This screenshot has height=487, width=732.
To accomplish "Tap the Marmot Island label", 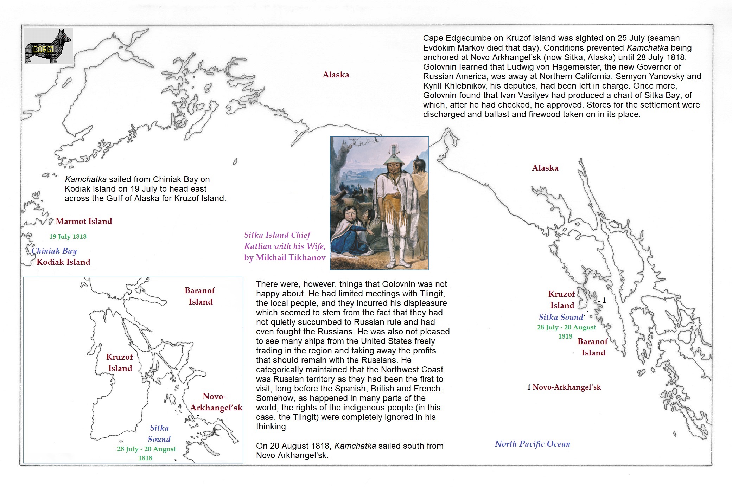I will tap(84, 221).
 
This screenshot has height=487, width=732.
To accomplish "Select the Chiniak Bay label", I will tap(54, 251).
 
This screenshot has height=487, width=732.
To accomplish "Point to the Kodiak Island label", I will tap(63, 262).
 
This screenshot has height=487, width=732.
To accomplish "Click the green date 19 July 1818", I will tap(68, 237).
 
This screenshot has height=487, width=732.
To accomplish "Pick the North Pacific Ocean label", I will tap(532, 444).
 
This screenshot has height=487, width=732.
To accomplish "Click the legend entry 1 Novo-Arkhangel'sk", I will tap(564, 387).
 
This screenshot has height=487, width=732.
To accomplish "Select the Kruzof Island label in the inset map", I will tap(120, 363).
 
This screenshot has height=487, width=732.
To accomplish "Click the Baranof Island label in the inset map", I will tap(200, 296).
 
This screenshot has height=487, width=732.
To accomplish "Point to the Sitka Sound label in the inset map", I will tap(159, 434).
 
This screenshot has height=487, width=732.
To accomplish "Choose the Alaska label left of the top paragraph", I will tap(336, 75).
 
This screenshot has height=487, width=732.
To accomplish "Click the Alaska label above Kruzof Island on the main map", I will tap(545, 168).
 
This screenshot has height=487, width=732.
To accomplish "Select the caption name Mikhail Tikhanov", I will tap(291, 258).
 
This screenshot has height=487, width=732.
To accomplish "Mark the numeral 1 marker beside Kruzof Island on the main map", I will tap(604, 300).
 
